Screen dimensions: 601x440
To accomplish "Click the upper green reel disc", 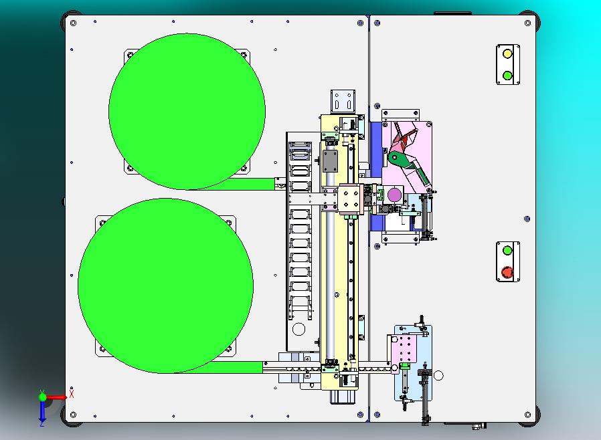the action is [187, 112].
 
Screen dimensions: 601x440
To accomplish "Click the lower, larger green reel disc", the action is [165, 286].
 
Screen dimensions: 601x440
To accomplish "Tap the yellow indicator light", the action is [507, 53].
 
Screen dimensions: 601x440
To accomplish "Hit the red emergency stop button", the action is [507, 272].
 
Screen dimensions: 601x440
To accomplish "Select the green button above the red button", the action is [507, 251].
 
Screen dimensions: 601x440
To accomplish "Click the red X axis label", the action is [72, 394].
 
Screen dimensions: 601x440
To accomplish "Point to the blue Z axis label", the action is [41, 423].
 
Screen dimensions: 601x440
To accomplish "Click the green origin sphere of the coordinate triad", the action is [43, 397].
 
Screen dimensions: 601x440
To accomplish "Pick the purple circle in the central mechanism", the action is [394, 195].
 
